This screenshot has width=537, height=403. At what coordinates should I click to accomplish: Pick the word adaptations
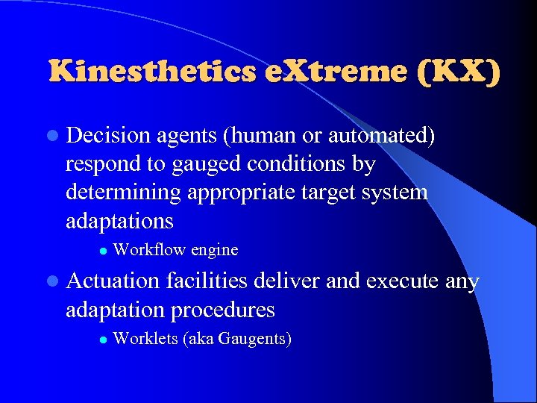[x=119, y=221]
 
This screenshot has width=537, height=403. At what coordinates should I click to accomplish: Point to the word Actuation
[x=113, y=281]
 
